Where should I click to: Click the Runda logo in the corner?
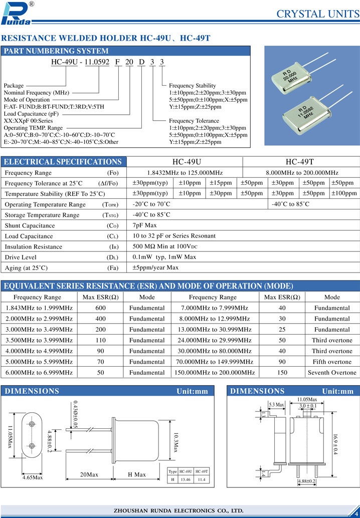(x=17, y=13)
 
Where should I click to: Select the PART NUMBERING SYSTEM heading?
(x=56, y=51)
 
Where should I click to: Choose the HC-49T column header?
(x=299, y=162)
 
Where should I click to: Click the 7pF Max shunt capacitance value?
(x=145, y=225)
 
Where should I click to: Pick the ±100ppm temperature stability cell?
(x=344, y=193)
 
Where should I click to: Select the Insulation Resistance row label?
(x=34, y=246)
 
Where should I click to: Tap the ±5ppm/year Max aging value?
(x=155, y=268)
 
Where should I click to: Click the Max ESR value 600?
(x=100, y=308)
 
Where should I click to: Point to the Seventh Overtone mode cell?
(x=332, y=372)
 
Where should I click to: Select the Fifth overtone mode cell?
(x=332, y=362)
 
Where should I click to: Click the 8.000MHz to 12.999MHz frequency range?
(x=215, y=319)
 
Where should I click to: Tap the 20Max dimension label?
(x=89, y=474)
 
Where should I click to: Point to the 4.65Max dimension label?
(x=33, y=477)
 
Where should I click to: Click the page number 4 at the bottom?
(x=355, y=508)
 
